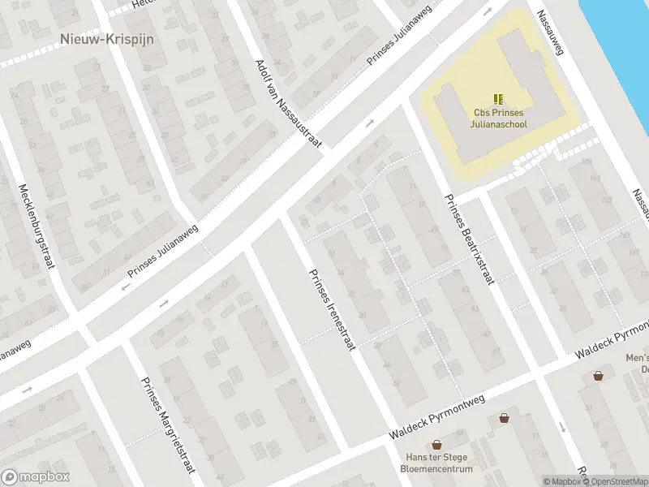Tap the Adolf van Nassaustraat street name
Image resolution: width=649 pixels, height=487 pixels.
point(288,104)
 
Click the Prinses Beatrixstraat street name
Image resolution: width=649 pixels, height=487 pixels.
point(469,240)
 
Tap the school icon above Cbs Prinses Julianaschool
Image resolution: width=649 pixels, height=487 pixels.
point(499,99)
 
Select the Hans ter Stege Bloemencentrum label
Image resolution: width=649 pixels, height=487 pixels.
point(437,463)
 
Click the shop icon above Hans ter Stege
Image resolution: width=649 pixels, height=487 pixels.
point(437,445)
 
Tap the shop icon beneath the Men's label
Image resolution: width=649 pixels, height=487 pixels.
point(598,375)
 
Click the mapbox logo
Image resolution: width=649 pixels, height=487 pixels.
point(36,477)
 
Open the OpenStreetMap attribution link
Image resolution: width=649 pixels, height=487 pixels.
point(618,481)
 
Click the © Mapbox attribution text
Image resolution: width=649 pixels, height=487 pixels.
point(564,481)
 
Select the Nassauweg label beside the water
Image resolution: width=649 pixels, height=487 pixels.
point(552,32)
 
